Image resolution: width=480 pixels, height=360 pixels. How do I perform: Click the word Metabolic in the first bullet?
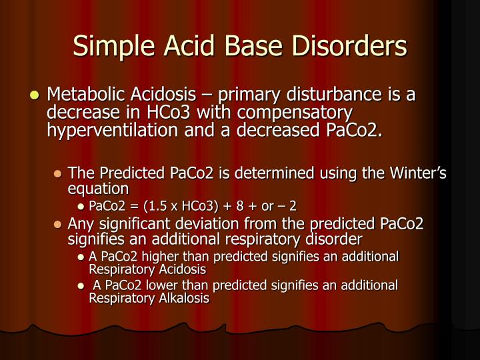tap(84, 95)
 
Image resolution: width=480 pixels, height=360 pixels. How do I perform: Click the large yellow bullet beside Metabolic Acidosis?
tap(35, 96)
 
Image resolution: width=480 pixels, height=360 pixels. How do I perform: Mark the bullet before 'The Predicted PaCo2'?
tap(58, 175)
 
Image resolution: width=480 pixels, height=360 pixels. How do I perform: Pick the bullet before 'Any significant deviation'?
tap(58, 225)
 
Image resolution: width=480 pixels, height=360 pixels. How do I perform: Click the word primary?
tap(257, 95)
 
